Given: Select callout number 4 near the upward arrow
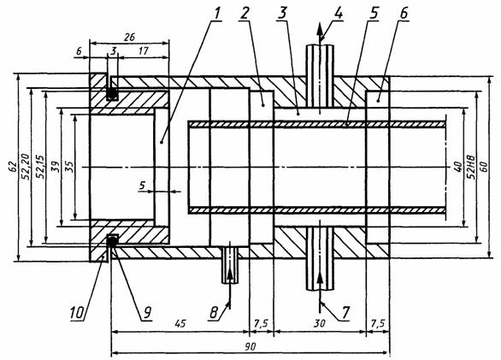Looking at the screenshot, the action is pyautogui.click(x=339, y=14).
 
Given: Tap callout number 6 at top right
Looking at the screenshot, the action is pyautogui.click(x=404, y=14).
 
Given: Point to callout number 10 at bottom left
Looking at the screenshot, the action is pyautogui.click(x=78, y=312).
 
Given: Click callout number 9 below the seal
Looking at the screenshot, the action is pyautogui.click(x=147, y=312).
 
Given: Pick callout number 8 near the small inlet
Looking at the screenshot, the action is pyautogui.click(x=214, y=312).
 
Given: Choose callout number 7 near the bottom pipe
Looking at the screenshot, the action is pyautogui.click(x=345, y=312).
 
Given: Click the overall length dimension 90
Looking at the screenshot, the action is pyautogui.click(x=251, y=346).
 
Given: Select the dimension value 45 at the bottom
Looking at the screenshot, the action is pyautogui.click(x=180, y=323).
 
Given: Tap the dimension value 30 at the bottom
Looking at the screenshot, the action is pyautogui.click(x=319, y=323).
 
